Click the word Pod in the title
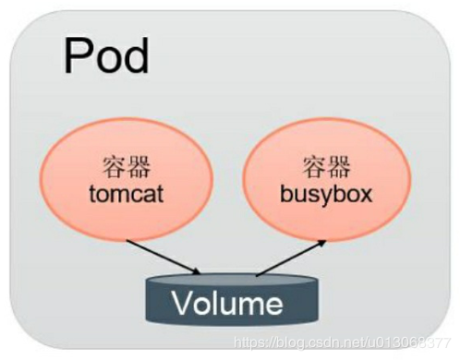106,55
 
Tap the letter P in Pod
77,55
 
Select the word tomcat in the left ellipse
127,194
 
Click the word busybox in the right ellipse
326,195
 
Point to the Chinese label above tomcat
127,167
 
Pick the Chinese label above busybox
326,167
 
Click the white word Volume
227,303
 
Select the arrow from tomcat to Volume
163,257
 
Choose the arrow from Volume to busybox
291,258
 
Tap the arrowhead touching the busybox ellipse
322,243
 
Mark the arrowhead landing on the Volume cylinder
197,272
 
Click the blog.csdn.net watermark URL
342,342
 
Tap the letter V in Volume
183,303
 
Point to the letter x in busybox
365,196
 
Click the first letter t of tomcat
92,194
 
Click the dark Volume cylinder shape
232,299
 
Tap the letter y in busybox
327,198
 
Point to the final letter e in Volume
273,306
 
